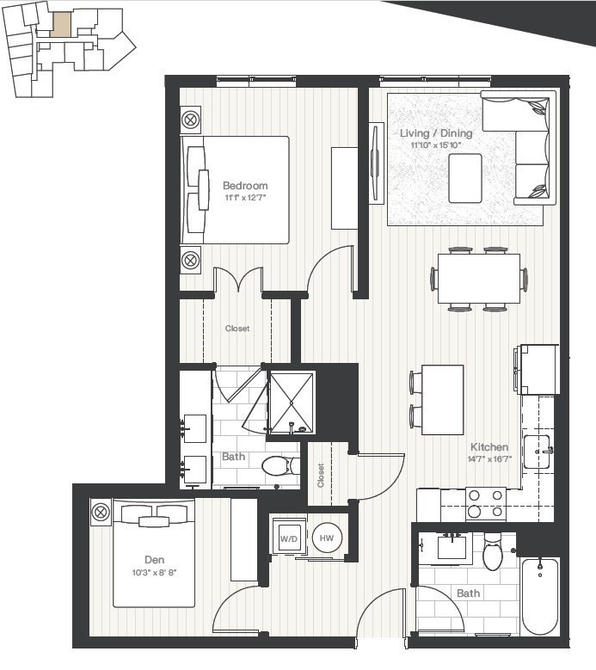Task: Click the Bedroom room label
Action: [x=245, y=185]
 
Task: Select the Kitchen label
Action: [x=489, y=447]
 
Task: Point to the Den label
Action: [x=155, y=561]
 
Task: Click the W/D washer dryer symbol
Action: [x=286, y=539]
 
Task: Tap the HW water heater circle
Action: [x=327, y=538]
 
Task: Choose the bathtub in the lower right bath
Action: [x=540, y=596]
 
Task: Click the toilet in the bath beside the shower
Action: [x=278, y=465]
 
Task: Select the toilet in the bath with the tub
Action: [x=492, y=554]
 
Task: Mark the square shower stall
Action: [x=292, y=402]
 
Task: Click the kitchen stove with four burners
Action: [x=486, y=504]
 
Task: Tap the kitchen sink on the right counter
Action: [x=538, y=451]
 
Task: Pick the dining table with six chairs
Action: [x=478, y=279]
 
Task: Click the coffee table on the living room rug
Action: [x=465, y=178]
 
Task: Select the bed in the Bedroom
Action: [x=235, y=189]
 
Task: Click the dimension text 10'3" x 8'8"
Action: [x=155, y=573]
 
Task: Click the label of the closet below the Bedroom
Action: [x=237, y=329]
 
